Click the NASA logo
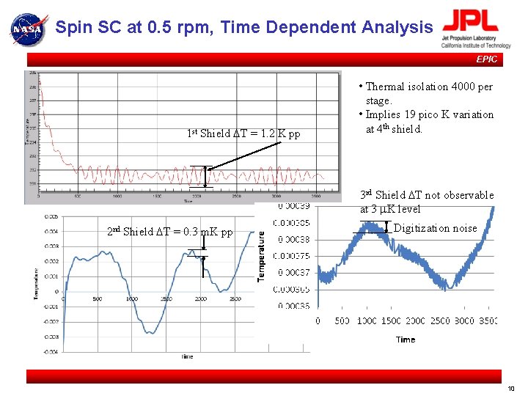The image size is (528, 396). tap(28, 29)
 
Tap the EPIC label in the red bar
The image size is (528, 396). tap(486, 59)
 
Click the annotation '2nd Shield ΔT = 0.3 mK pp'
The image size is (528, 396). tap(169, 232)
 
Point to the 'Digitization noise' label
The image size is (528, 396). tap(435, 228)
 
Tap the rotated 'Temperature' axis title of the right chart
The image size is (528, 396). tap(261, 254)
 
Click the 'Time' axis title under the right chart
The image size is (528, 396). tap(406, 340)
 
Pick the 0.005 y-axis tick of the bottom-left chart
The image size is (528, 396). tap(51, 216)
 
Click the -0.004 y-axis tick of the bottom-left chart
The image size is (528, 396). tap(50, 352)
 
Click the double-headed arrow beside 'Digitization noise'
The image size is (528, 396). tap(386, 227)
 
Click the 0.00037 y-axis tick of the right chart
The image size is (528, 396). tap(293, 273)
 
